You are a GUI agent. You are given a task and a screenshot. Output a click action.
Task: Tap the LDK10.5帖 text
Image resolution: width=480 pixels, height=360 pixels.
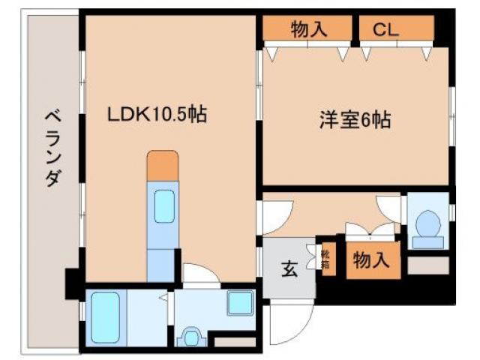pyautogui.click(x=157, y=114)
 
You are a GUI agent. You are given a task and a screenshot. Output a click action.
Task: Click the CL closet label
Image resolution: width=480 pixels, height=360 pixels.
pyautogui.click(x=386, y=30)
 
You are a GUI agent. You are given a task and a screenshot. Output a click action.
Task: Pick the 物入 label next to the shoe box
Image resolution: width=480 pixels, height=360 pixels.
pyautogui.click(x=372, y=260)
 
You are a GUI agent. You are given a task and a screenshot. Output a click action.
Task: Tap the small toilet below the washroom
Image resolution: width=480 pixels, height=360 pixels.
pyautogui.click(x=192, y=337)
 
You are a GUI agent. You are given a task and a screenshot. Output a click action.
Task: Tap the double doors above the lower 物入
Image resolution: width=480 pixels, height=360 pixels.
pyautogui.click(x=370, y=229)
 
